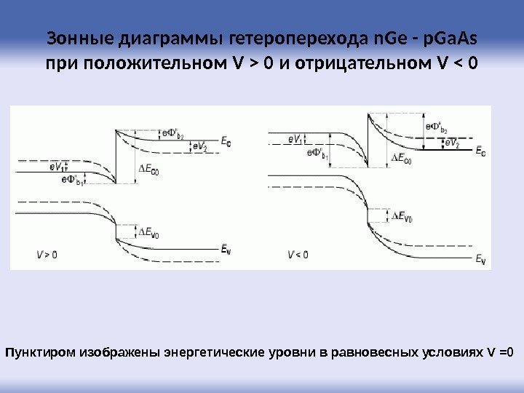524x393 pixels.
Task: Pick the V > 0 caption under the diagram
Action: [x=47, y=255]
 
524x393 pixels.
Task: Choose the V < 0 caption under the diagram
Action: [x=298, y=255]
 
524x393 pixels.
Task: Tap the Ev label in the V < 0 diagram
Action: [x=480, y=258]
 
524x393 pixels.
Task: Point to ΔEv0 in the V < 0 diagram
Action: [x=402, y=216]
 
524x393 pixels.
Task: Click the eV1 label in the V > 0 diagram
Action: [x=56, y=167]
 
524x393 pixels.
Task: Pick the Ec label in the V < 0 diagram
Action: [x=481, y=152]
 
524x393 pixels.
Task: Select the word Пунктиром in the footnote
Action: [x=40, y=353]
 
